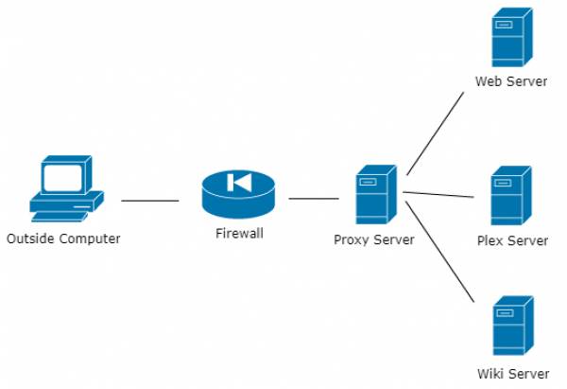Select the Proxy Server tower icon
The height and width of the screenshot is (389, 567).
[x=373, y=195]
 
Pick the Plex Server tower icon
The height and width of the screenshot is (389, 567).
[x=510, y=196]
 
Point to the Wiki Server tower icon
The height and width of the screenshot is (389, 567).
[x=510, y=326]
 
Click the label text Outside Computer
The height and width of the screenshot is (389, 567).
[x=63, y=239]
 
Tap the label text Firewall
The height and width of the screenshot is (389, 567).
[x=239, y=232]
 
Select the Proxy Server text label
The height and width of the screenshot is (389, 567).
[x=373, y=239]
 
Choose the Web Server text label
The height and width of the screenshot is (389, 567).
[x=510, y=81]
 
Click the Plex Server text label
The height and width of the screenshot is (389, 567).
[x=512, y=240]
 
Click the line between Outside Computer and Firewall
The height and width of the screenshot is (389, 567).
[x=149, y=201]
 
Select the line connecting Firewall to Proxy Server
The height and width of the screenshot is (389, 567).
[x=313, y=199]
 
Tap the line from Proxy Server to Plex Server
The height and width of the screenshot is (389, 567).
[x=438, y=195]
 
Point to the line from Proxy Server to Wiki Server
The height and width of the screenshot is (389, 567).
[x=438, y=249]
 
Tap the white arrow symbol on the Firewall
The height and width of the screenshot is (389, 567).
[x=239, y=182]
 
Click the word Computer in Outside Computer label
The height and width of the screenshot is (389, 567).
[x=90, y=239]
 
